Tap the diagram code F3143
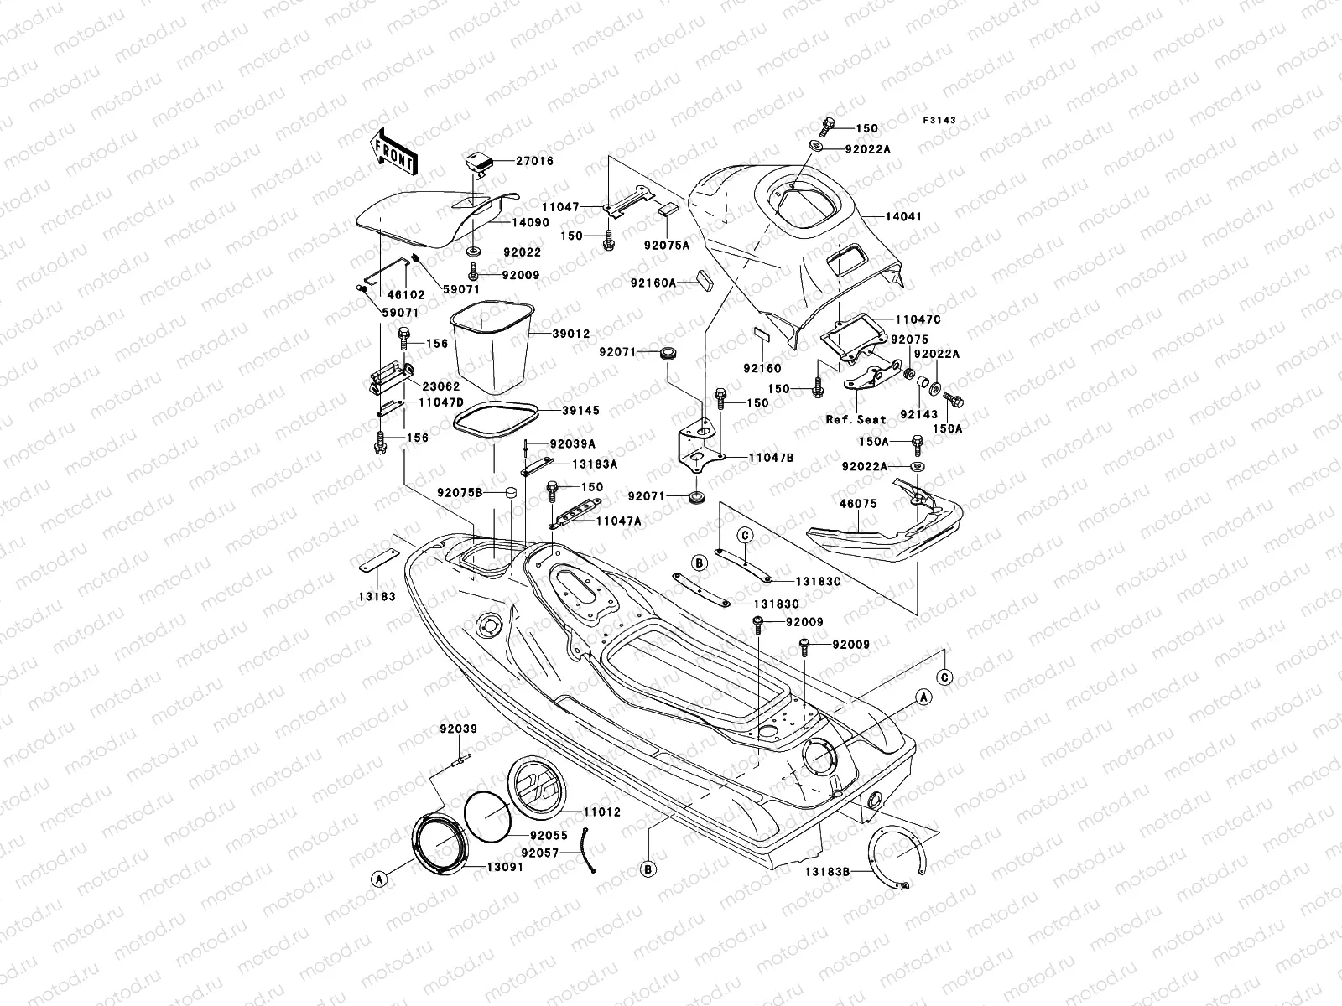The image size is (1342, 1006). pyautogui.click(x=940, y=120)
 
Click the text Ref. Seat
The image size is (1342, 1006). pyautogui.click(x=856, y=419)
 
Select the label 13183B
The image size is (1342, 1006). pyautogui.click(x=828, y=872)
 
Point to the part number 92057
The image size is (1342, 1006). pyautogui.click(x=539, y=853)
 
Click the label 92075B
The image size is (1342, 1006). pyautogui.click(x=460, y=492)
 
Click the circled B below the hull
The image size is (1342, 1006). pyautogui.click(x=648, y=869)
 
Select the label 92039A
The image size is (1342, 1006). pyautogui.click(x=573, y=444)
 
